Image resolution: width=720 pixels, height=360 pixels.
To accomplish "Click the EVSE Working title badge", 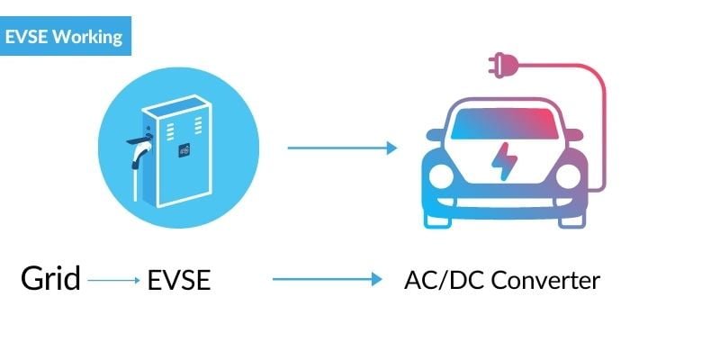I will tap(65, 37).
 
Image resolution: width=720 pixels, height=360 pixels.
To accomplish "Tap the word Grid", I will tap(50, 280).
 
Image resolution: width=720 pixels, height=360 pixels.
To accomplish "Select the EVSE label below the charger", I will tap(178, 280).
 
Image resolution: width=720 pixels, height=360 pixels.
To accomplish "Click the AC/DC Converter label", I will tap(501, 280).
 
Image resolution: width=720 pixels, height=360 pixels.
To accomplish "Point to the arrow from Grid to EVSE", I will tap(112, 281).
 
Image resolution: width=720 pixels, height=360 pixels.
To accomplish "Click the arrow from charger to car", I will tap(342, 147).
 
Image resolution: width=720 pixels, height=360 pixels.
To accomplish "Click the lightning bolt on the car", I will tap(503, 163).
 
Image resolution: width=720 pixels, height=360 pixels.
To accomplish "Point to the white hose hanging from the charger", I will tap(136, 175).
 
